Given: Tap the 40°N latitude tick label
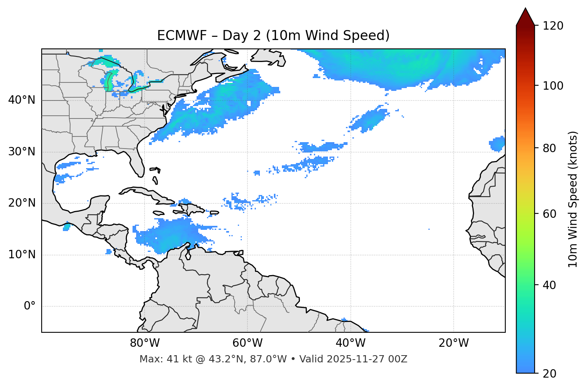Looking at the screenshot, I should click(22, 100).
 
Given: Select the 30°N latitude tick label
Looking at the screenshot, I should click(22, 152).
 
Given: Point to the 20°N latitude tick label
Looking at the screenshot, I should click(22, 203).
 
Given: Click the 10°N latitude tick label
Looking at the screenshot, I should click(22, 255).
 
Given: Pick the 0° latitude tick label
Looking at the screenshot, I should click(30, 306).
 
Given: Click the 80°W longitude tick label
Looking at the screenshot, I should click(145, 343).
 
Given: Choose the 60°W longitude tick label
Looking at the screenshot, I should click(247, 343).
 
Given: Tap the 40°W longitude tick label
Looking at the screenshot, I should click(350, 343).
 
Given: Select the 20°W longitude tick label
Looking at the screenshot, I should click(453, 343).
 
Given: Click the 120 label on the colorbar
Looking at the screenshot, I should click(553, 26).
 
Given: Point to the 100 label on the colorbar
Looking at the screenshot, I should click(553, 86).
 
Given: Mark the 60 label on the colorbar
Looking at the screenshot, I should click(549, 214).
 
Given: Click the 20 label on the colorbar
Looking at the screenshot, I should click(549, 374).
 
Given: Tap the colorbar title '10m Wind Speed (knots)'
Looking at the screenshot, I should click(573, 199).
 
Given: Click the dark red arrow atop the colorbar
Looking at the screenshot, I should click(525, 17).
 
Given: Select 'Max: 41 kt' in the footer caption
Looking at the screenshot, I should click(159, 359).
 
